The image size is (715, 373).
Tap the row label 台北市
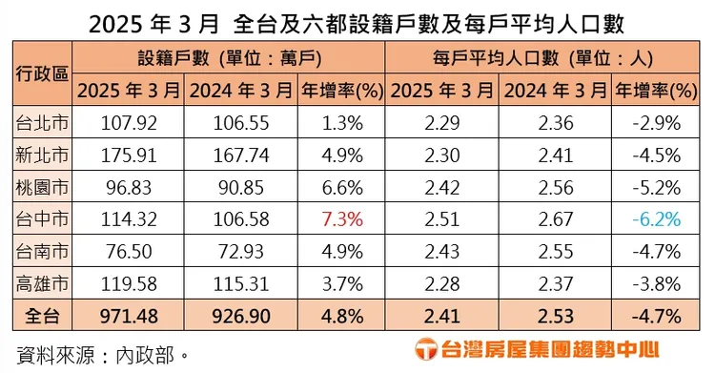click(x=42, y=123)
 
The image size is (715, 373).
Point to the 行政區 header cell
click(x=42, y=73)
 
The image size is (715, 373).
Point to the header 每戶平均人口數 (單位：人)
click(x=544, y=58)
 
